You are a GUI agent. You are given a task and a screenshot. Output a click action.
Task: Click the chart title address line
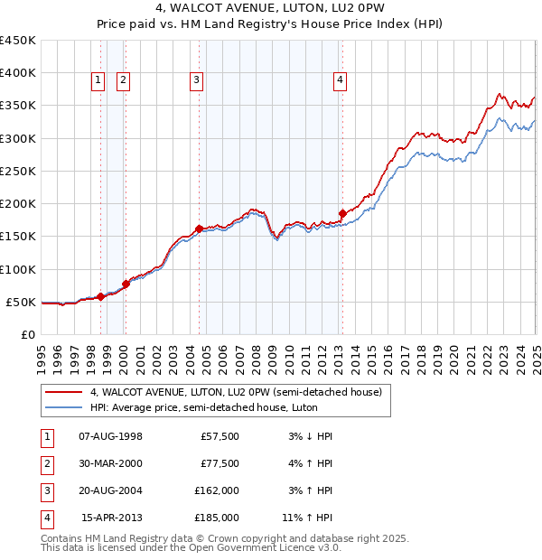[x=270, y=10]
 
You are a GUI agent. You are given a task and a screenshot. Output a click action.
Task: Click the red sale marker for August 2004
[x=199, y=229]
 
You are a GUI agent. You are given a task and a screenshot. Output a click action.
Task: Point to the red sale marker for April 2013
[x=342, y=213]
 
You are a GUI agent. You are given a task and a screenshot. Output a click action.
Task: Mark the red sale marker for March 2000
[x=126, y=284]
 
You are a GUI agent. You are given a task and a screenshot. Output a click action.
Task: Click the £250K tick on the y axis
[x=18, y=171]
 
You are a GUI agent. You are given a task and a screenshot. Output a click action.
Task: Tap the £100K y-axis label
[x=18, y=269]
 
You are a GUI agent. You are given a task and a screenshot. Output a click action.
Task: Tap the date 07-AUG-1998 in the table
[x=110, y=436]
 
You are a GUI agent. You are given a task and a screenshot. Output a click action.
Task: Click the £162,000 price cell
[x=217, y=490]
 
